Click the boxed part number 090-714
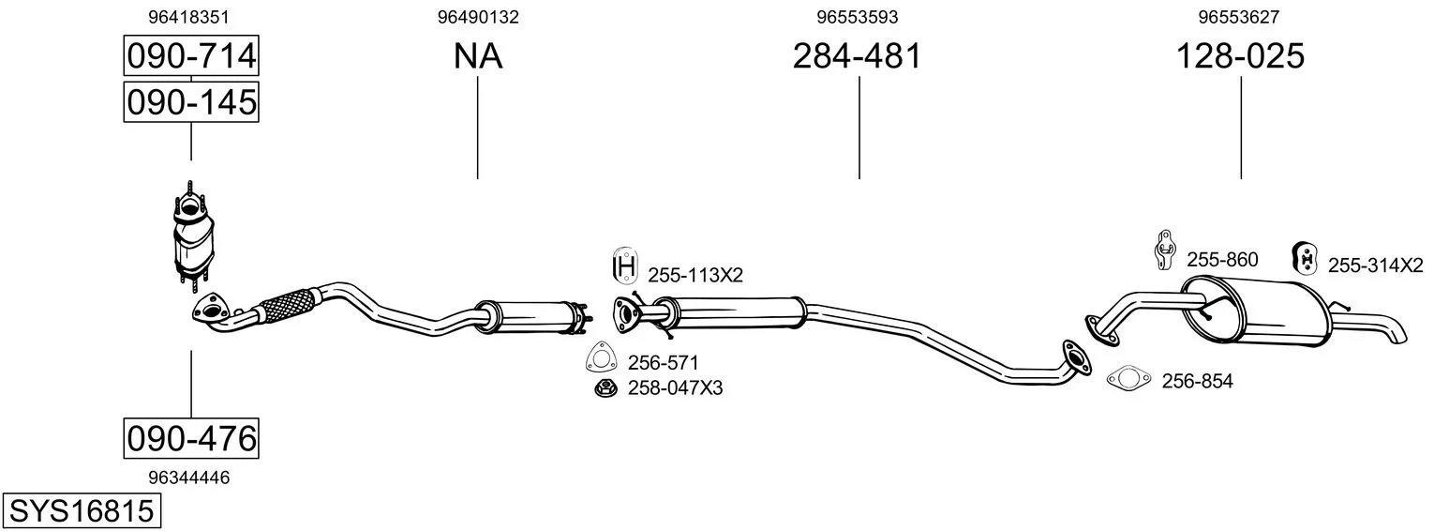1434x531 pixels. [x=191, y=55]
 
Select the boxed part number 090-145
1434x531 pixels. [x=191, y=101]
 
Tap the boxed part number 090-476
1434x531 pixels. [x=191, y=438]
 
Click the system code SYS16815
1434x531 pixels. [x=82, y=510]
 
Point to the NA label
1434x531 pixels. [x=478, y=56]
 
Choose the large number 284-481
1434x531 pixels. [x=857, y=55]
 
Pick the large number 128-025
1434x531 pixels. [x=1240, y=55]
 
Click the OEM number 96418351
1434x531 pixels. [x=188, y=17]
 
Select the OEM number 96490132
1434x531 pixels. [x=478, y=17]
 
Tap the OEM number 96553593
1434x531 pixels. [x=857, y=17]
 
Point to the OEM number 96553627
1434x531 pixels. [x=1238, y=17]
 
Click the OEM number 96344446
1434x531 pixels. [x=188, y=478]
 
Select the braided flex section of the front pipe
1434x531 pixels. [x=286, y=306]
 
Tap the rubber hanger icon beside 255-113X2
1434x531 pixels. [x=624, y=265]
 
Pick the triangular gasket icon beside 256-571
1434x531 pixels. [x=602, y=357]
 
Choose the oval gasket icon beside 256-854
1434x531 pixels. [x=1128, y=379]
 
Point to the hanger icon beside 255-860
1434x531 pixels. [x=1165, y=250]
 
